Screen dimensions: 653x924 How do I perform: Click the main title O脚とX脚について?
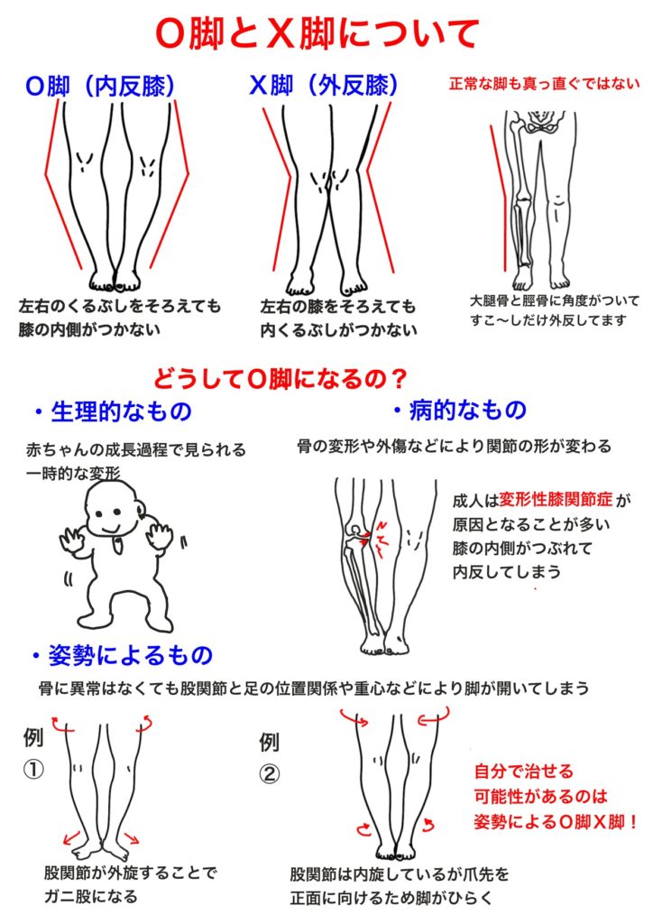tap(317, 33)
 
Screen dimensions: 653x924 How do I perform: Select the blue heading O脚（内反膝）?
tap(101, 87)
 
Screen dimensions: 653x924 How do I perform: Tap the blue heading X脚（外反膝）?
tap(324, 86)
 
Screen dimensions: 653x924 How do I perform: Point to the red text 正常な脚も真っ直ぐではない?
tap(544, 84)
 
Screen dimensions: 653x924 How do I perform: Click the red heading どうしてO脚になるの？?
tap(281, 378)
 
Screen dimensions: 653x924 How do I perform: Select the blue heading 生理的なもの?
tap(113, 411)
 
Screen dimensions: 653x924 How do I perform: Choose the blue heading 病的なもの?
tap(461, 410)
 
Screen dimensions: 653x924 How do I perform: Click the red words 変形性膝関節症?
tap(556, 500)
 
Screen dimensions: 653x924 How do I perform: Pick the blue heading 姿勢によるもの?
tap(123, 655)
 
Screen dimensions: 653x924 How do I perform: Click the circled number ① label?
tap(33, 769)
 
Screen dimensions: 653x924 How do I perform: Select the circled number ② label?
tap(269, 773)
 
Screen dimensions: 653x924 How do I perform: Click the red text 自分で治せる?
tap(523, 772)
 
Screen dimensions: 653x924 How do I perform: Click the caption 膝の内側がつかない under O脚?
tap(89, 328)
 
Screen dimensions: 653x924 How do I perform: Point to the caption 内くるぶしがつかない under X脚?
tap(338, 329)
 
